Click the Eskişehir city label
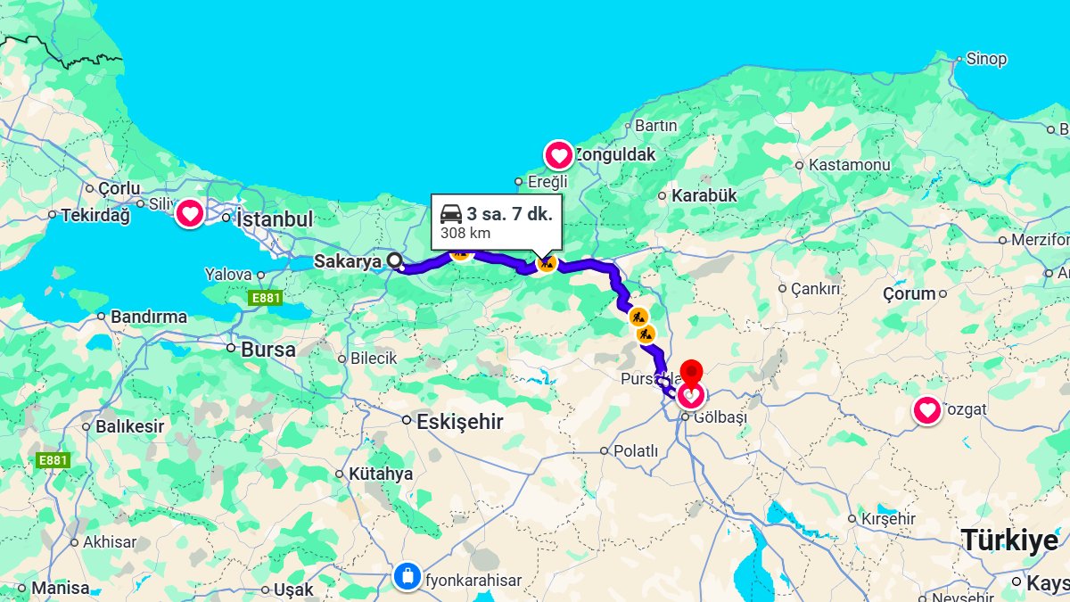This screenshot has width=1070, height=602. tap(459, 422)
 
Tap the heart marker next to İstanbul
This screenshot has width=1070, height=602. tap(189, 214)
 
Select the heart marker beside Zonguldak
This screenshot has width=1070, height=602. tap(559, 156)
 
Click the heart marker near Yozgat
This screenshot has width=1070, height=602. tap(927, 410)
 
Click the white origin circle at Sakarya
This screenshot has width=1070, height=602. tap(395, 260)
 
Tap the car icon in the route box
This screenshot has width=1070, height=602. tap(451, 214)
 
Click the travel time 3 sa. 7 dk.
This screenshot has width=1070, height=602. tap(509, 214)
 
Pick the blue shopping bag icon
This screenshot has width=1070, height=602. tap(407, 576)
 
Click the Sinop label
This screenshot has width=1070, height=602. tap(986, 59)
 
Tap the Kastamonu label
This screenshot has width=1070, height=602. tap(849, 165)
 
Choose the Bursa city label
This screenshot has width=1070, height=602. tap(267, 350)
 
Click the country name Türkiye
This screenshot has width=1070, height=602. tap(1009, 540)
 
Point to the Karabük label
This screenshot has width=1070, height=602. tap(704, 195)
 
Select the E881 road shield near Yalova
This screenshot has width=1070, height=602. tap(266, 298)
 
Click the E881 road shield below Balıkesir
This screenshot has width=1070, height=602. tap(53, 460)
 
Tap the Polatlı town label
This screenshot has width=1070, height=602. tap(635, 451)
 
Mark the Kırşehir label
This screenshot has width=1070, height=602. tap(887, 519)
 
